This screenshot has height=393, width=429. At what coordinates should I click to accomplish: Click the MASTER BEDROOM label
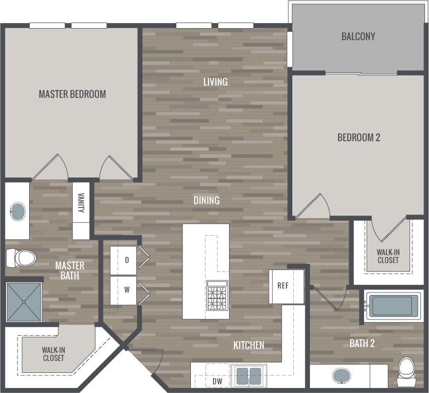pyautogui.click(x=72, y=94)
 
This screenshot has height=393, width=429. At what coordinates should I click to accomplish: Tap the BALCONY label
pyautogui.click(x=358, y=36)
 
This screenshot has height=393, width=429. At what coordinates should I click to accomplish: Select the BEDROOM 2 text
pyautogui.click(x=359, y=137)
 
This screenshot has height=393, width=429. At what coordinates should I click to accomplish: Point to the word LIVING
pyautogui.click(x=216, y=81)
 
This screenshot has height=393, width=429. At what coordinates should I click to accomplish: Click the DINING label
pyautogui.click(x=206, y=200)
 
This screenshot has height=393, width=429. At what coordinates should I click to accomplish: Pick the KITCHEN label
pyautogui.click(x=249, y=345)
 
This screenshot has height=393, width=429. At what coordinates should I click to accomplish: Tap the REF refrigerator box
pyautogui.click(x=282, y=285)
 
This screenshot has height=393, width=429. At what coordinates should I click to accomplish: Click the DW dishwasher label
pyautogui.click(x=217, y=381)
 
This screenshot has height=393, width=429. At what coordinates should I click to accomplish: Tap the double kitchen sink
pyautogui.click(x=249, y=376)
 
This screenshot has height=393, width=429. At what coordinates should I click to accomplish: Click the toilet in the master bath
pyautogui.click(x=21, y=258)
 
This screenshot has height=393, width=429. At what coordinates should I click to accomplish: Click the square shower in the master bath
pyautogui.click(x=24, y=302)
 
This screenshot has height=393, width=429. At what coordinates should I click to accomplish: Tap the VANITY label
pyautogui.click(x=81, y=203)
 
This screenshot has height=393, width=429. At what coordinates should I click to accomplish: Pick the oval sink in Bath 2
pyautogui.click(x=342, y=375)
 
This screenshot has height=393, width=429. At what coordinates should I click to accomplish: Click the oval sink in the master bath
pyautogui.click(x=18, y=211)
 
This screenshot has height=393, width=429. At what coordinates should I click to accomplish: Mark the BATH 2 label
pyautogui.click(x=362, y=344)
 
